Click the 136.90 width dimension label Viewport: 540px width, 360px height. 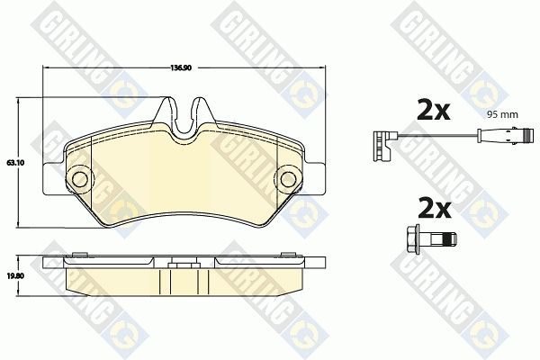coord(181,67)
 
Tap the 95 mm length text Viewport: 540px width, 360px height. coord(502,114)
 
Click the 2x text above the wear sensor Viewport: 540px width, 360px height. coord(434,110)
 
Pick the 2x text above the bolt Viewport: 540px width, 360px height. coord(435,208)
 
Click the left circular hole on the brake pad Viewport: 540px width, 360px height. coord(80,179)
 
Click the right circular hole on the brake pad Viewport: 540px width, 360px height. coord(288,179)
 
